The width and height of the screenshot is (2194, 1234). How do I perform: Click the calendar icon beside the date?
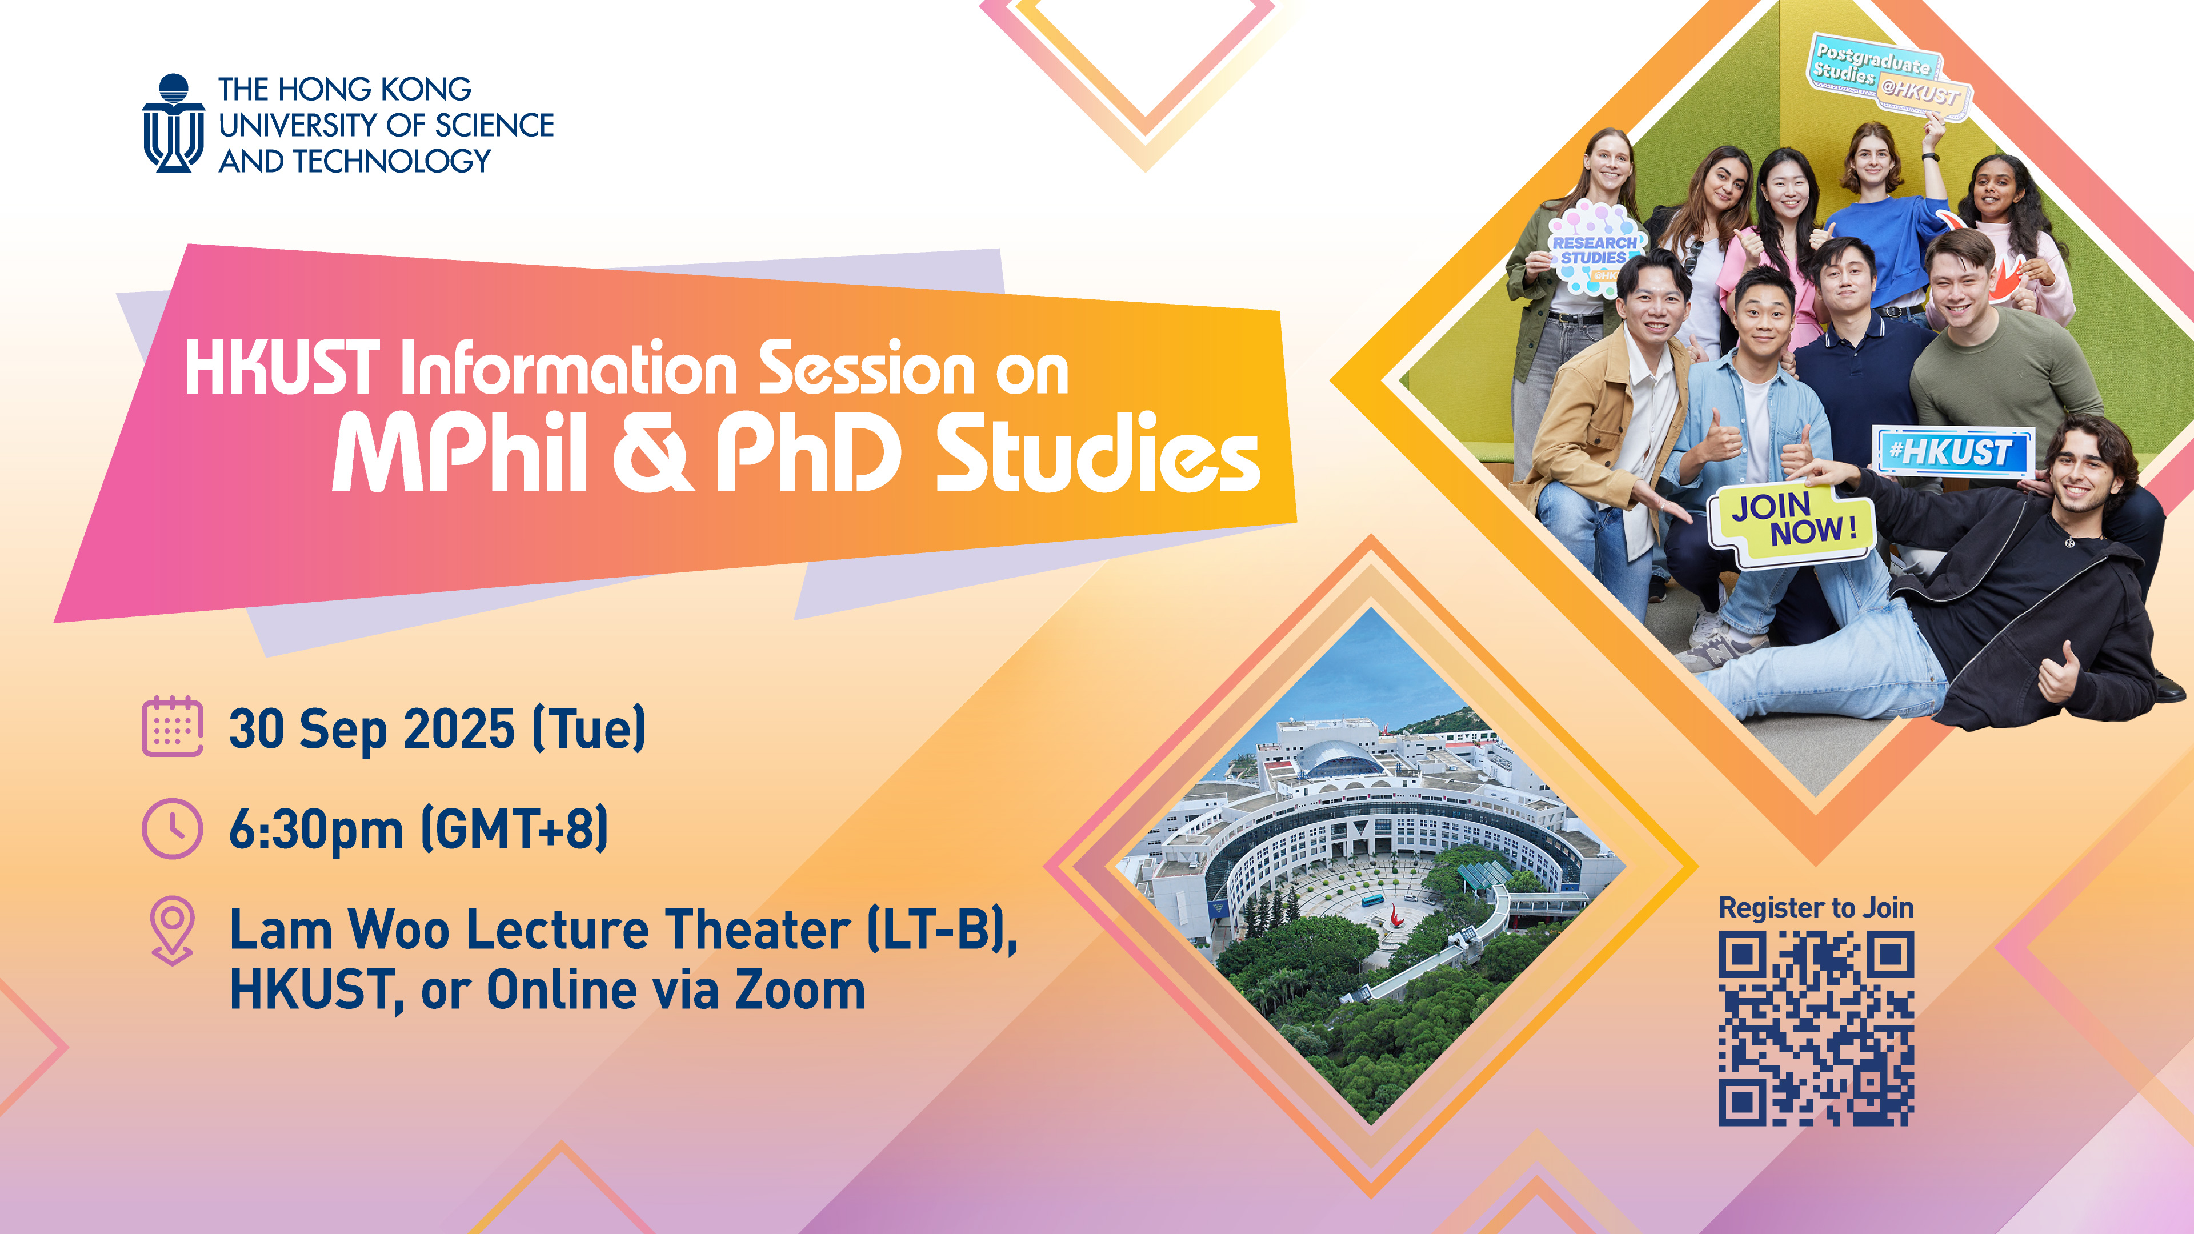172,727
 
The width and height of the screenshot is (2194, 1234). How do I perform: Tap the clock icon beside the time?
172,828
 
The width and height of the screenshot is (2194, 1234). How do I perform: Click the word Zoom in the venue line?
800,991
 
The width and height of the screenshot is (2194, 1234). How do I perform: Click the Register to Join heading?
1816,908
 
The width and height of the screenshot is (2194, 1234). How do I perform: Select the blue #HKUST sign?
1952,451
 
